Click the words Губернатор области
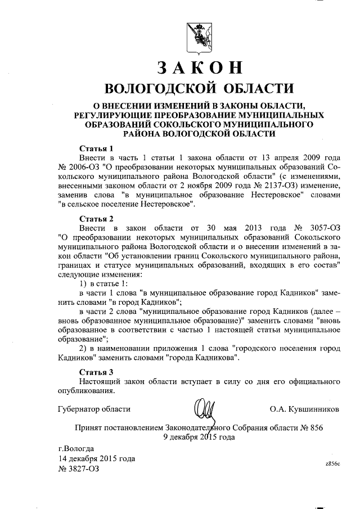point(94,409)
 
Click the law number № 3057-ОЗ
point(317,227)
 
